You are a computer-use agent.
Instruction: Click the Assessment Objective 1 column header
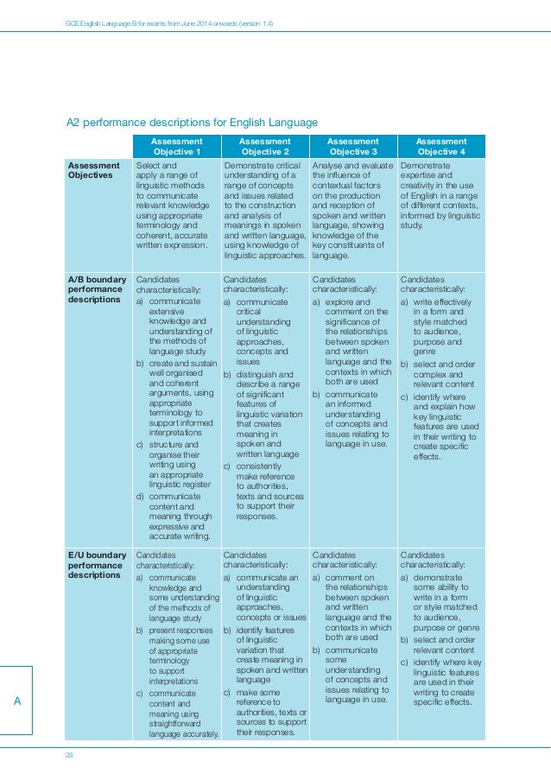[176, 145]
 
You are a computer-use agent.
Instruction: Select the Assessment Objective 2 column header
[264, 145]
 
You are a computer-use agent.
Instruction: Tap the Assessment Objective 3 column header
[352, 145]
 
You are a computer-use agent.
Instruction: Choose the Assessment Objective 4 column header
[440, 145]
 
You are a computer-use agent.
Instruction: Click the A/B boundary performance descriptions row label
[97, 289]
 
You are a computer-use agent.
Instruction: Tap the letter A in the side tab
[16, 701]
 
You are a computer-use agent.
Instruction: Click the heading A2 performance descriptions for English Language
[193, 123]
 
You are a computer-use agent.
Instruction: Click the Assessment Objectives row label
[95, 170]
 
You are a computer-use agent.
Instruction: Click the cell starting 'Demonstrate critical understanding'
[263, 210]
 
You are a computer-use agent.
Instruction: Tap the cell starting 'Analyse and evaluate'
[352, 210]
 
